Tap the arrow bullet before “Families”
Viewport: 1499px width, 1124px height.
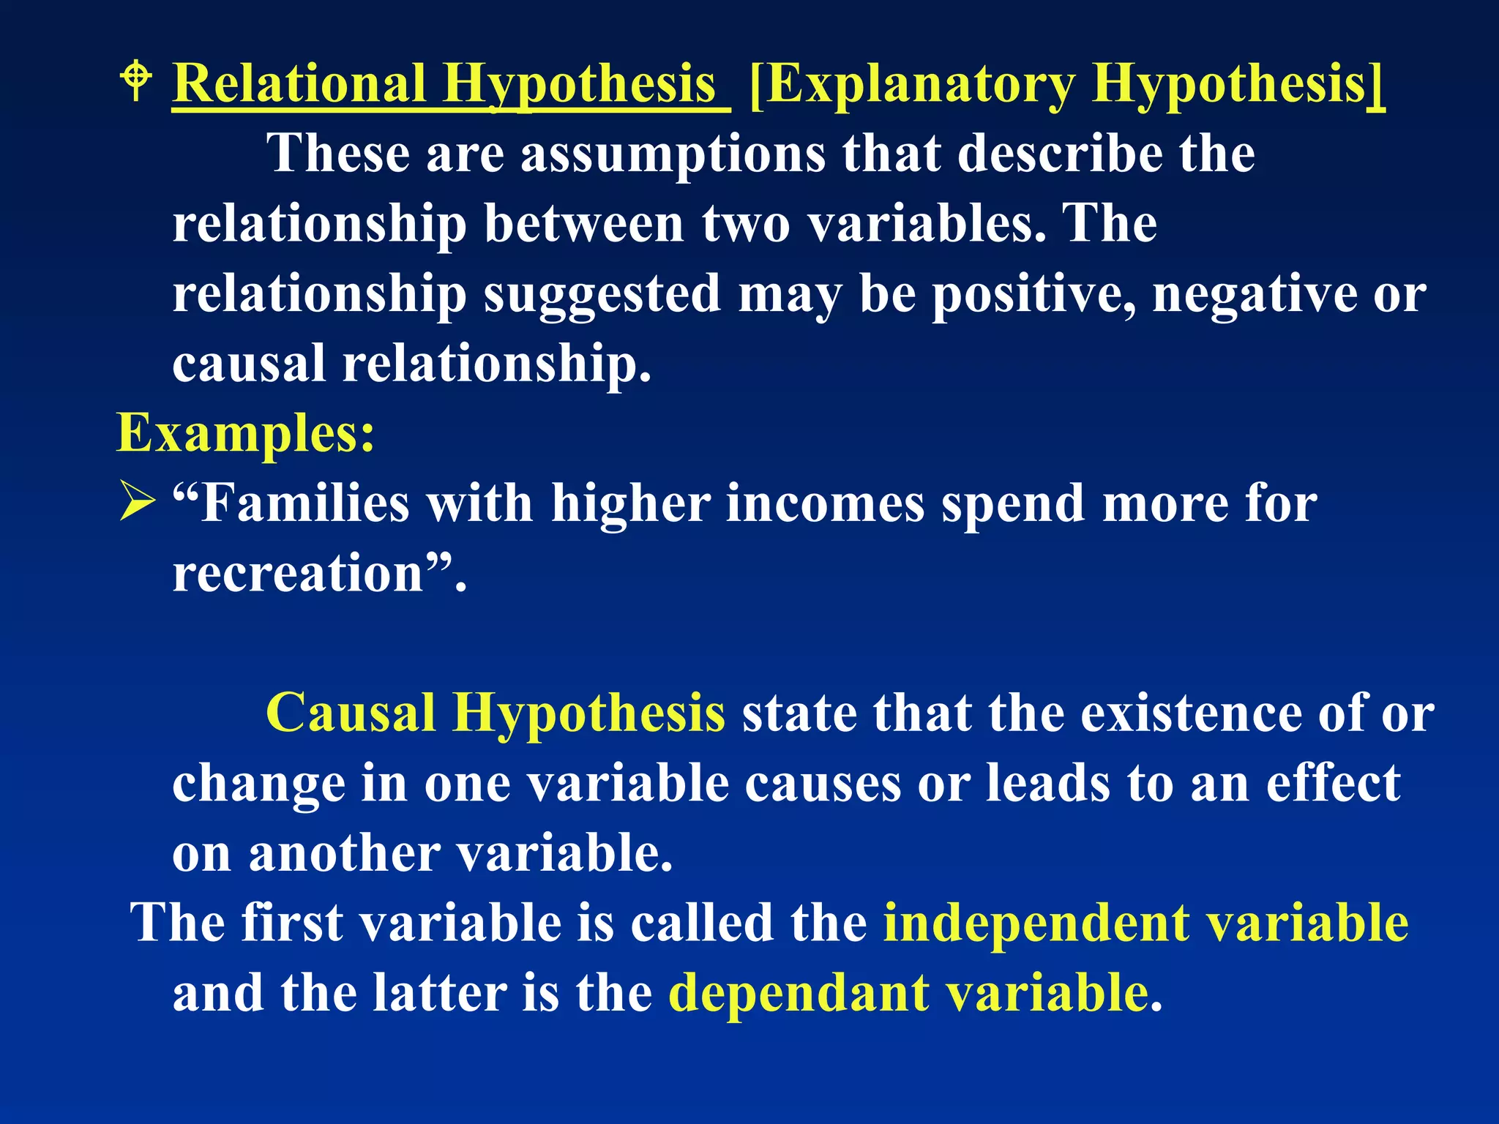[137, 503]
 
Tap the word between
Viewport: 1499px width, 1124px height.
[583, 224]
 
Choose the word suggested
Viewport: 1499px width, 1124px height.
[602, 295]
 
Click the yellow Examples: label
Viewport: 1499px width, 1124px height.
[246, 433]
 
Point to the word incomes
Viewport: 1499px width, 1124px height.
[825, 503]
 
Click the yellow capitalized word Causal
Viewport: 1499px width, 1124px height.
[351, 713]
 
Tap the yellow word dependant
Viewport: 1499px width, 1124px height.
[799, 994]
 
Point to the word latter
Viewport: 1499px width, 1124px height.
[439, 992]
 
